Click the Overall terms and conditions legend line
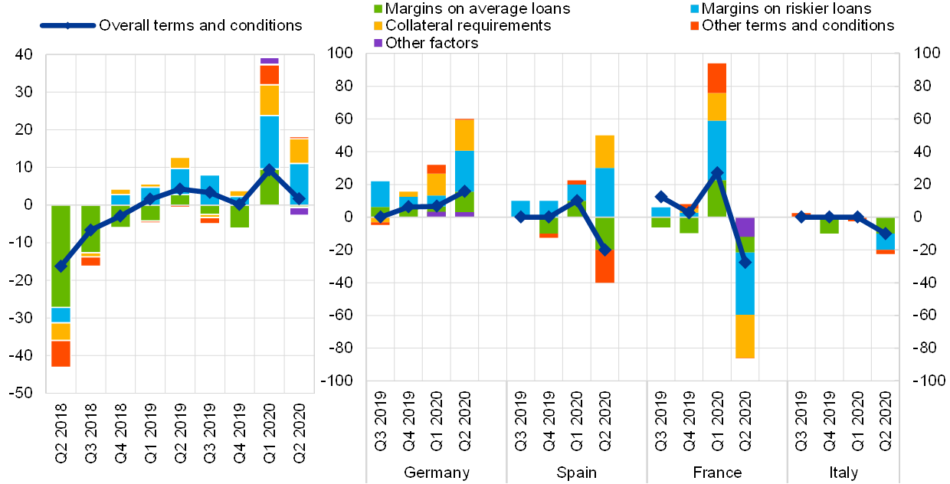[x=67, y=25]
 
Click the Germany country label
[x=436, y=472]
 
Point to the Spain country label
[x=576, y=472]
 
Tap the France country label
[x=717, y=472]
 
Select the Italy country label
[x=843, y=472]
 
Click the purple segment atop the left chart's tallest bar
[x=269, y=60]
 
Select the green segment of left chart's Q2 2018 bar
[x=61, y=256]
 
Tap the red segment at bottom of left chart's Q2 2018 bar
[x=61, y=354]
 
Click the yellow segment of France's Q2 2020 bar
[x=745, y=336]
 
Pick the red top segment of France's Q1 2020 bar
[x=717, y=78]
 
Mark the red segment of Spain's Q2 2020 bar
[x=604, y=266]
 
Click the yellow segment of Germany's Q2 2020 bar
[x=464, y=135]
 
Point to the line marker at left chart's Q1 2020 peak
[x=269, y=170]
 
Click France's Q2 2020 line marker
[x=745, y=262]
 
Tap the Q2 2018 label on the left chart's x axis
[x=61, y=433]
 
